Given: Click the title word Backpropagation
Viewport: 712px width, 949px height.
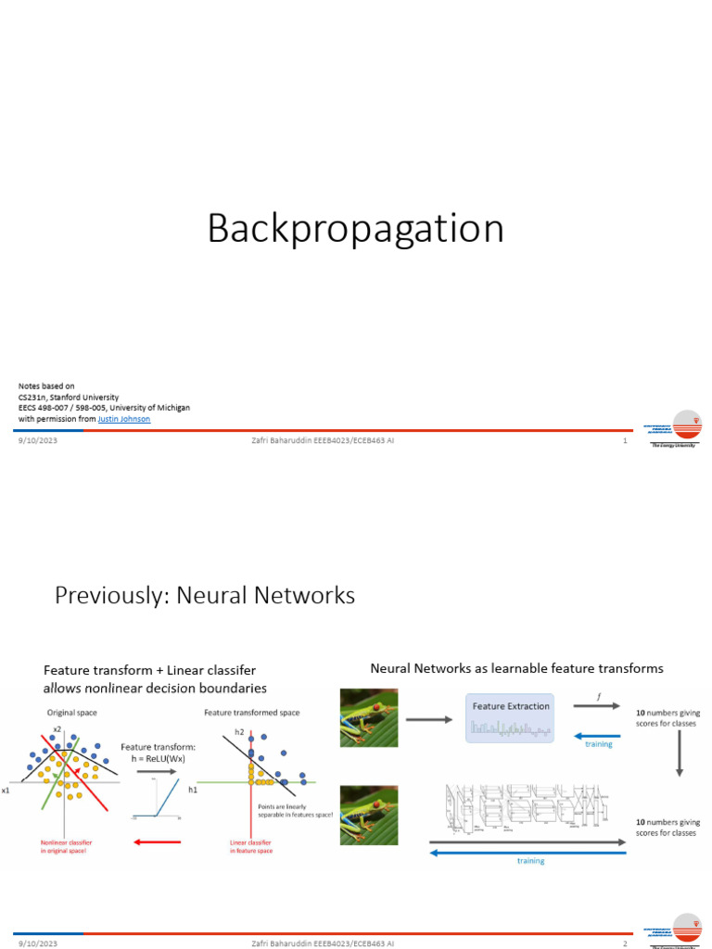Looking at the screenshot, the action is tap(355, 229).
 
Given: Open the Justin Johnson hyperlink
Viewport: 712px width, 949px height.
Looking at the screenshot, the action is tap(123, 419).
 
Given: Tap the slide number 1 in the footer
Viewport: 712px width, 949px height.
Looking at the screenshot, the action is tap(626, 441).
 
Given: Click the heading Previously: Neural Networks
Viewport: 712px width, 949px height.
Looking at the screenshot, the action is tap(205, 595).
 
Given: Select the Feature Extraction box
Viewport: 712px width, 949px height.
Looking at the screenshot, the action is tap(510, 717).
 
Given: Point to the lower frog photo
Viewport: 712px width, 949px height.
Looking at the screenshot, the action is tap(368, 815).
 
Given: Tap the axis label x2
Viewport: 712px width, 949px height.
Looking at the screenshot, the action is tap(57, 728).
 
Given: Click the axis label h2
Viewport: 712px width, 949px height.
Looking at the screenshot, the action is tap(238, 732).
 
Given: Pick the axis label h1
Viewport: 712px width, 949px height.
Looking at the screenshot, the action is tap(193, 791).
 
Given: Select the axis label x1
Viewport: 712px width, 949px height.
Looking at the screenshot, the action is tap(6, 791).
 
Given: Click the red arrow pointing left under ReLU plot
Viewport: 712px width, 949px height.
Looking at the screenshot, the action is tap(157, 841).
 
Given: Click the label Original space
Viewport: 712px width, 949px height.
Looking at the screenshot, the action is tap(71, 712).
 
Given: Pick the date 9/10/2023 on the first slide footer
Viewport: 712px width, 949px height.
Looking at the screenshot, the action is tap(37, 441).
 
